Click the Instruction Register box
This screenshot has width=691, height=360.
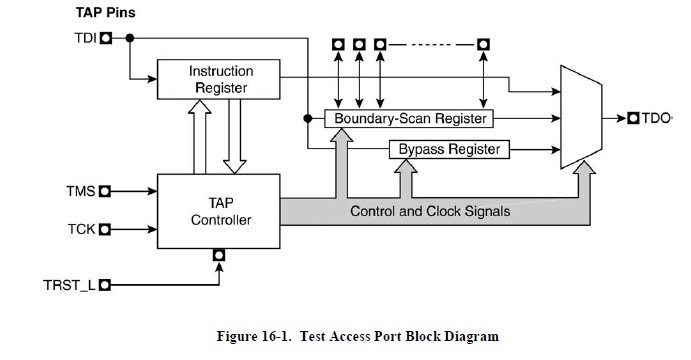point(221,80)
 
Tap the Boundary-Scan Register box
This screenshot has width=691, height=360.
point(410,119)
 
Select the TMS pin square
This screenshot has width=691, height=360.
point(104,187)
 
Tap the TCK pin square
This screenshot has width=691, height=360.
point(104,228)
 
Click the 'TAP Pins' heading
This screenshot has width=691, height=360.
point(106,13)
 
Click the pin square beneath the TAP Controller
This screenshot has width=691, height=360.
point(219,255)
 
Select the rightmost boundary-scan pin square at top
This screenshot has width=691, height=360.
point(484,45)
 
